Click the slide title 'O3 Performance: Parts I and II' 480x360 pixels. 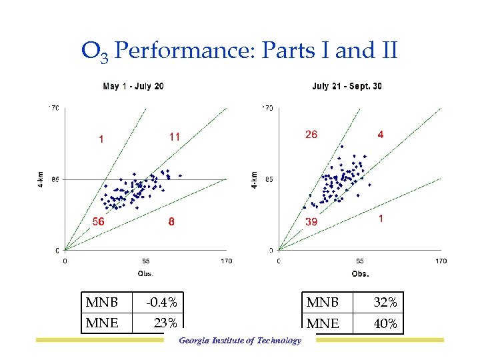tap(239, 51)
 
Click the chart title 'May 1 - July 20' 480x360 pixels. tap(133, 86)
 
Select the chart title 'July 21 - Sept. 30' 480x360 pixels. tap(347, 86)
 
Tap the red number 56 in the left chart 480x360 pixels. tap(97, 222)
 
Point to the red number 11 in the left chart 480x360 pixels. tap(174, 136)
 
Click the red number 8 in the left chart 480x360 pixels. tap(171, 223)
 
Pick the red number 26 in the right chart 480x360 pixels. tap(311, 134)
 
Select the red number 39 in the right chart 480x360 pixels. tap(311, 222)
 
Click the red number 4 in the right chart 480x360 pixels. tap(381, 134)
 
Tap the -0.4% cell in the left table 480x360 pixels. tap(162, 303)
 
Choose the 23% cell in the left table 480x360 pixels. tap(165, 323)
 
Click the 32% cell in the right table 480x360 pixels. tap(385, 303)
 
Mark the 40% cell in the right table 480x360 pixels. tap(385, 324)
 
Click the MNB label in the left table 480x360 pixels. tap(102, 303)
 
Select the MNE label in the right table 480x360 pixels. tap(323, 324)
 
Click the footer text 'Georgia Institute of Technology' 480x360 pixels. tap(239, 341)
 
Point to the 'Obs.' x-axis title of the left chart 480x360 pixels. tap(145, 273)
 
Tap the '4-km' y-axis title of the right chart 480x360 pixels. tap(254, 179)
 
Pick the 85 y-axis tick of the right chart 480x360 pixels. tap(268, 179)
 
